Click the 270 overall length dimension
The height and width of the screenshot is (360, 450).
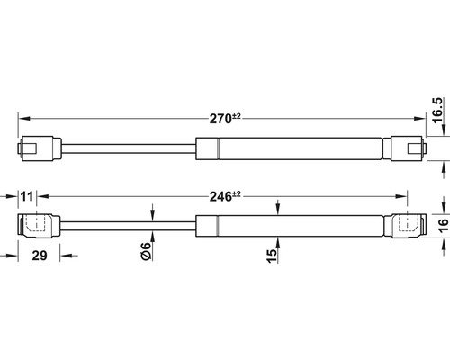pos(225,119)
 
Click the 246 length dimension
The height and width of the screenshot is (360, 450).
pos(225,196)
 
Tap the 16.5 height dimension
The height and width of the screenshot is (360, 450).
pos(438,110)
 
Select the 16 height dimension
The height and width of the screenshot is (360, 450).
pos(443,225)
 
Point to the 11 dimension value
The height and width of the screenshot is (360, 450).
pos(27,197)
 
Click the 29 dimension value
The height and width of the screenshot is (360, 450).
pos(40,256)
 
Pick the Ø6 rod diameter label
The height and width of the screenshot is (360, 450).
pos(146,251)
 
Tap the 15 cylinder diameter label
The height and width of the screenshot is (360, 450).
pos(272,256)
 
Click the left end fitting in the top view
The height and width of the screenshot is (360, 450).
pos(40,149)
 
